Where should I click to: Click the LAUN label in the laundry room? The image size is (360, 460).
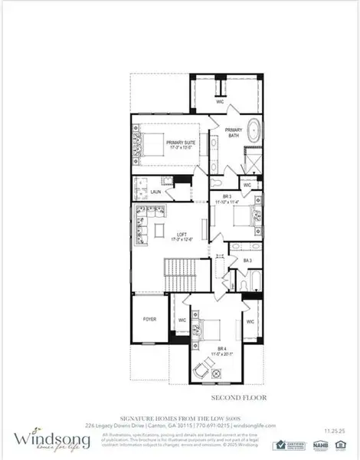[x=155, y=192]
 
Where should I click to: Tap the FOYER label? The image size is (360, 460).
[x=149, y=319]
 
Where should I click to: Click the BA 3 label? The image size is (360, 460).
[x=247, y=261]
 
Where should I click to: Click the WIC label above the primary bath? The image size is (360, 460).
[x=219, y=100]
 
